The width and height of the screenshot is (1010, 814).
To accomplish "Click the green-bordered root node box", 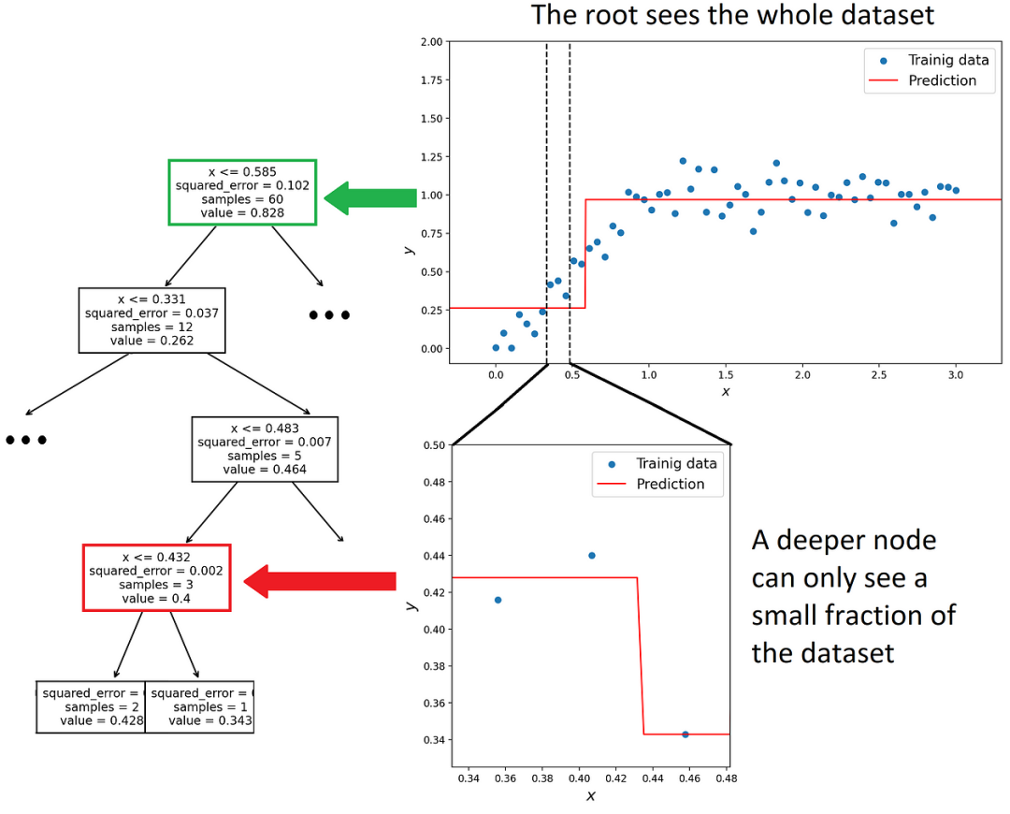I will click(243, 192).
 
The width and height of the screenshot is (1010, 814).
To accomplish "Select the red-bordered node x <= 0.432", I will click(156, 577).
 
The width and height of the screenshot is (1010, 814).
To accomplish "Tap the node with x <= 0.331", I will click(151, 320).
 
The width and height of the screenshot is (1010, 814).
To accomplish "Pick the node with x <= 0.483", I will click(265, 449).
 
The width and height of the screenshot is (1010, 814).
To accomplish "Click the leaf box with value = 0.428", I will click(91, 707).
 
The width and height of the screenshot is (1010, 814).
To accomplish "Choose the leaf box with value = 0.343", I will click(199, 707).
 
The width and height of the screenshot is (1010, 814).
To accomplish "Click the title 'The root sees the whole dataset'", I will click(732, 16).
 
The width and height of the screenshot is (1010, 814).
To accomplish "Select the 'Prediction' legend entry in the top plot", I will click(942, 80).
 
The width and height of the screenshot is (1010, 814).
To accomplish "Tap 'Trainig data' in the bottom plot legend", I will click(676, 463).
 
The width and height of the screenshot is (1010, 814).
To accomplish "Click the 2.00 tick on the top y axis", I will click(430, 42).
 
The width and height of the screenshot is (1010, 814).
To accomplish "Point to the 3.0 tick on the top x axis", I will click(955, 374).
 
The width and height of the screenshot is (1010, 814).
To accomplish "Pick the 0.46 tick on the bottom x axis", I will click(688, 778).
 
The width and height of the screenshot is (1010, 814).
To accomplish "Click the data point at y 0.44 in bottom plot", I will click(591, 555).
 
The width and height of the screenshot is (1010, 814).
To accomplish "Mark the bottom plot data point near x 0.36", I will click(498, 600).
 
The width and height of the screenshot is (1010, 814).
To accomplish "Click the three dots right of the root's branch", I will click(329, 315).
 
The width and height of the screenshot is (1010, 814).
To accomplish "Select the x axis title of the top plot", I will click(725, 391).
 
